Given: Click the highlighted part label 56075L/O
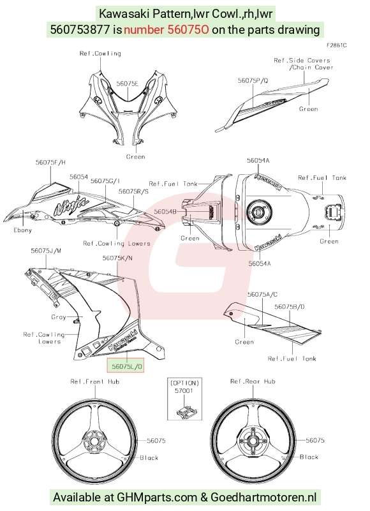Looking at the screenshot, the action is point(126,366).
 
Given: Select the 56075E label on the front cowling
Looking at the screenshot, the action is point(128,84).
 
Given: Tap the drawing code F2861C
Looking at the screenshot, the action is point(337,45).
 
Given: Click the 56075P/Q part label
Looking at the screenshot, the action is point(253,80).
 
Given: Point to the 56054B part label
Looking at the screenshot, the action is point(165,212).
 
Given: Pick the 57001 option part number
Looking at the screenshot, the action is point(184,390).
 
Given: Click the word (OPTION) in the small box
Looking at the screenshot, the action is point(184,383).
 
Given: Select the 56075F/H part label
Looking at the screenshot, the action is point(50,162).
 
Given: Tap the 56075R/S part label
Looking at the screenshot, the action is point(133,191).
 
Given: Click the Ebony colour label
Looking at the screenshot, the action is point(22,230).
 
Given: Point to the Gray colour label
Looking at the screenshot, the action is point(59,317).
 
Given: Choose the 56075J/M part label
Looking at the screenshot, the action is point(46,251).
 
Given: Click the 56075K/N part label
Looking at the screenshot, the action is point(117,258).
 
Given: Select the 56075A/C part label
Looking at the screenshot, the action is point(262,295).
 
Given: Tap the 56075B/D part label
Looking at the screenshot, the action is point(290,307).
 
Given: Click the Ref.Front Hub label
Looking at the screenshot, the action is point(95,381).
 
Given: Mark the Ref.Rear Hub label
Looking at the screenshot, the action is point(253,381).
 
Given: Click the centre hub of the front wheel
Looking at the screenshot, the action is point(94,441).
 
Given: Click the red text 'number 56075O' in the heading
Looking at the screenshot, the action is point(166,29).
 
